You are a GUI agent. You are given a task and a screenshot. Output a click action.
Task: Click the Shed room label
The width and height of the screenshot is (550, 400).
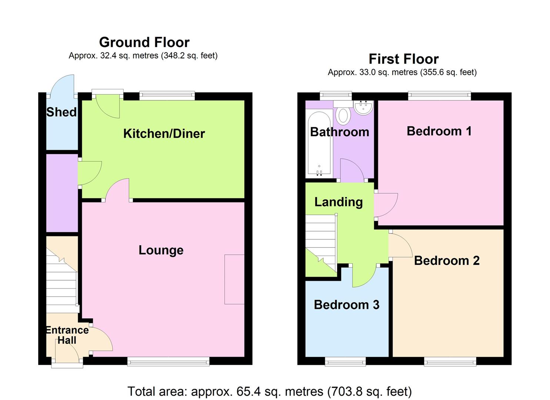point(61,112)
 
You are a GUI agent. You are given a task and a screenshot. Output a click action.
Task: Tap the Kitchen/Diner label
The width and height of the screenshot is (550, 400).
point(164,134)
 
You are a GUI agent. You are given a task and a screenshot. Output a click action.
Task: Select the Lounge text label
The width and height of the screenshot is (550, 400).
point(161,250)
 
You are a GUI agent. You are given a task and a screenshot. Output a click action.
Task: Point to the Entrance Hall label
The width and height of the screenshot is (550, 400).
point(67,335)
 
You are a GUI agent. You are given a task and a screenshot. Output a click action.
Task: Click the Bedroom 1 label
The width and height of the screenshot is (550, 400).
point(439,131)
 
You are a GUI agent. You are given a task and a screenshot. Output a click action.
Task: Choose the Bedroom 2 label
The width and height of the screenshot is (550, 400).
point(447,260)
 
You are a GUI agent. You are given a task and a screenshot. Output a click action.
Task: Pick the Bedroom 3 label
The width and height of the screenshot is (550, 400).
point(347,305)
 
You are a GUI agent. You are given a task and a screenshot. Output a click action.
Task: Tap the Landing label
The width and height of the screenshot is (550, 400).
point(339,202)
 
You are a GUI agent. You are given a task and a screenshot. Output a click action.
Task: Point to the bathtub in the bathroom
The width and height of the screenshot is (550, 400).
point(319,144)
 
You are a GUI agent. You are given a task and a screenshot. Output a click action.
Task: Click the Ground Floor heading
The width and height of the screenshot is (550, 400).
point(144,42)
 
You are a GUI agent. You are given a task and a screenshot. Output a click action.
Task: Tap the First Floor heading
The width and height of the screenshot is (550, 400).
point(404,59)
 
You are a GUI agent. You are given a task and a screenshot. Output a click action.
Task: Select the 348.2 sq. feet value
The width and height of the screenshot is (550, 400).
point(188,56)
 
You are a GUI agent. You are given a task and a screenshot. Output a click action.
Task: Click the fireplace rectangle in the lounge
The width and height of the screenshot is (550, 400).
point(234,279)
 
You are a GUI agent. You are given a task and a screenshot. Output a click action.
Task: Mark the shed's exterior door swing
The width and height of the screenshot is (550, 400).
point(62,85)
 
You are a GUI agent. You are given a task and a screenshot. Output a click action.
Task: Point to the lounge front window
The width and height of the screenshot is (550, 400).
point(169,361)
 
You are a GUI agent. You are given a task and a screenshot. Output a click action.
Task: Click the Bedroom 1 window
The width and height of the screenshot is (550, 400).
point(440,96)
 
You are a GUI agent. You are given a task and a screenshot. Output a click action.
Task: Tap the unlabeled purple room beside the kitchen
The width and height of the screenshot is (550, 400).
point(62,193)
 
